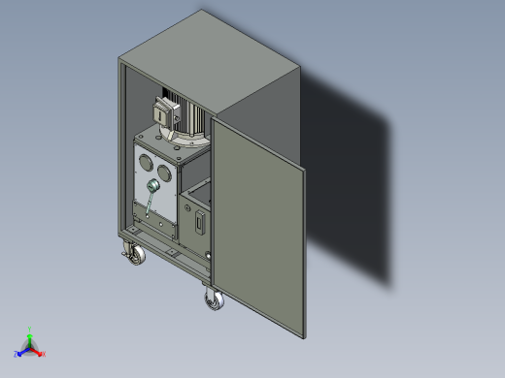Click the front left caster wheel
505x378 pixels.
tap(134, 255)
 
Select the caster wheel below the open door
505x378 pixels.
tap(214, 300)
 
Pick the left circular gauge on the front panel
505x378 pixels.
tap(146, 161)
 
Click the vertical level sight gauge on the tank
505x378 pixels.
tap(199, 222)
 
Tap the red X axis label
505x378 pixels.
tap(43, 354)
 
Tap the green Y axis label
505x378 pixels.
tap(30, 330)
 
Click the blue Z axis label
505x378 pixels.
tap(17, 354)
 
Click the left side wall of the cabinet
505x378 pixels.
tap(122, 145)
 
